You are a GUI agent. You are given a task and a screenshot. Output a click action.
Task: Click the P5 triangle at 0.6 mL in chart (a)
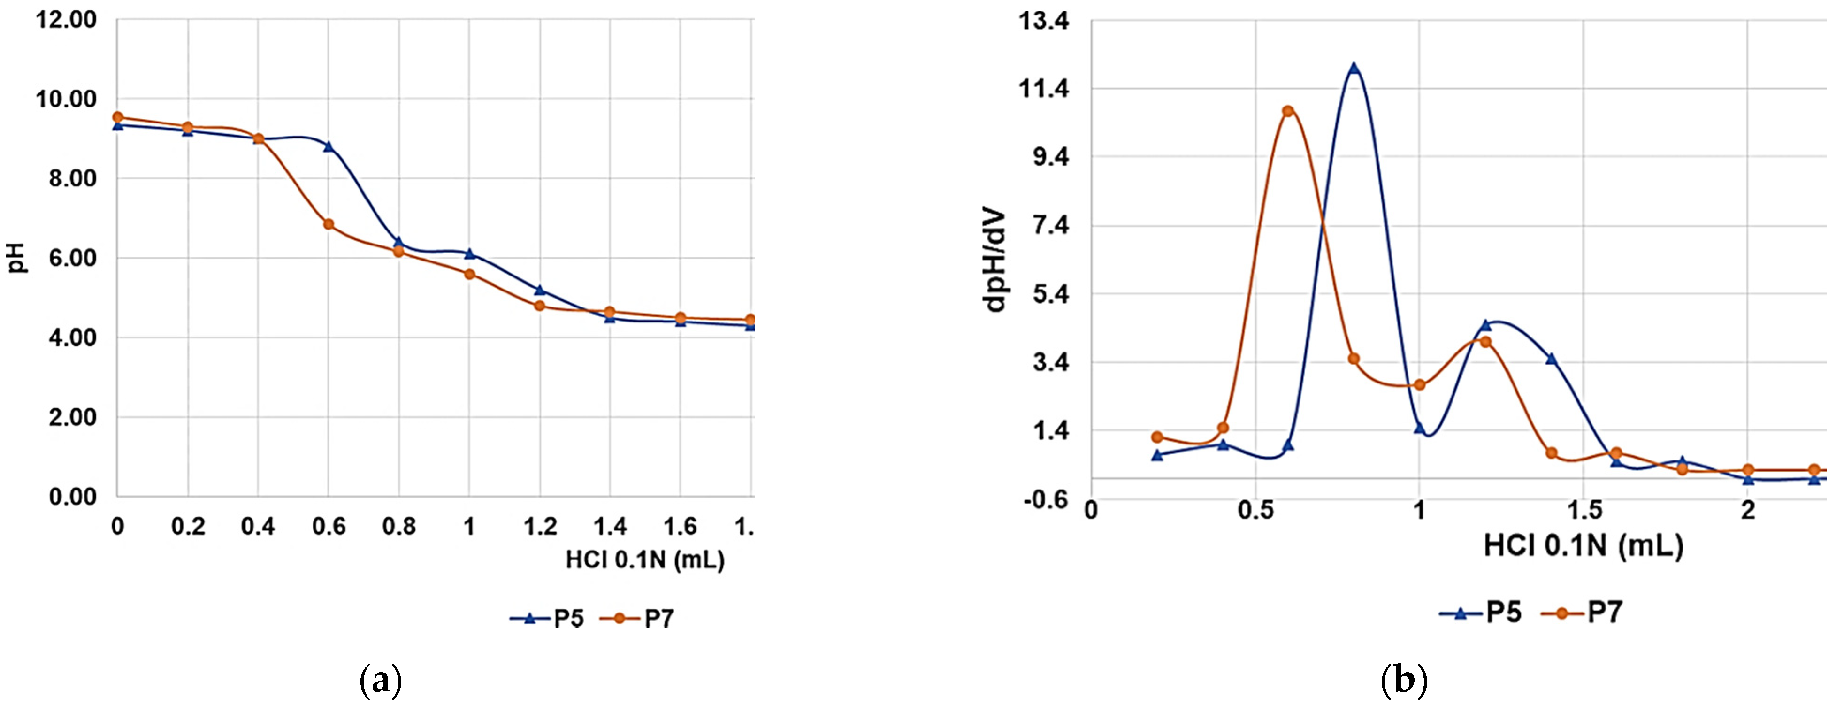pyautogui.click(x=329, y=146)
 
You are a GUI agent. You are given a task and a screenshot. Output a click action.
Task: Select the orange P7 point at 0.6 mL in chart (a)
pyautogui.click(x=329, y=224)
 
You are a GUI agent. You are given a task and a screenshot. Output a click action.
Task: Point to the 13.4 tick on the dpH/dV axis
pyautogui.click(x=1044, y=22)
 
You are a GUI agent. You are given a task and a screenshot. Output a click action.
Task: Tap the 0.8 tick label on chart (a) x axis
pyautogui.click(x=398, y=526)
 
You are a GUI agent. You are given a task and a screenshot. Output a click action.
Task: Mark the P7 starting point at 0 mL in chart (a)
pyautogui.click(x=118, y=117)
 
